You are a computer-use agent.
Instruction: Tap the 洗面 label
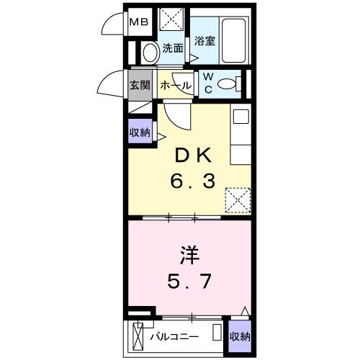click(x=172, y=50)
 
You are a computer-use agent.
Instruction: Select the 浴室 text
click(x=204, y=40)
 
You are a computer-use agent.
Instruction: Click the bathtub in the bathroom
click(x=234, y=41)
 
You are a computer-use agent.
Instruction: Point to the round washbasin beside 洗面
click(x=150, y=52)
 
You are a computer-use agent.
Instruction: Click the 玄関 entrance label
click(x=140, y=85)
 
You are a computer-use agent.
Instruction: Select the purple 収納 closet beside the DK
click(x=140, y=132)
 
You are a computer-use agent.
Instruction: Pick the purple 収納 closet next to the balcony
click(x=240, y=336)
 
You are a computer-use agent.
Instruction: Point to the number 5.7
click(x=190, y=281)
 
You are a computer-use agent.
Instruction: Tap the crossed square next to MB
click(x=171, y=20)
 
